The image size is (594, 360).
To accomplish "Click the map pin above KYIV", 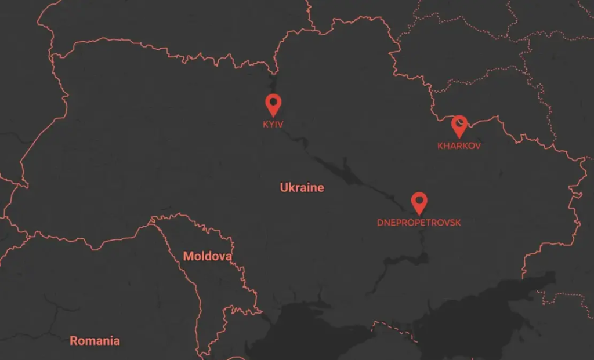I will click(x=273, y=104).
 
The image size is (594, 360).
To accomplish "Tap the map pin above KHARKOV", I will click(x=459, y=125).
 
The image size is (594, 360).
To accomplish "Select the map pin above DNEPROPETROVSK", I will click(x=419, y=202).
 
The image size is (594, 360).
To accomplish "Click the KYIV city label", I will click(x=273, y=124).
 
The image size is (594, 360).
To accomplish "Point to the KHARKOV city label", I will click(x=459, y=146).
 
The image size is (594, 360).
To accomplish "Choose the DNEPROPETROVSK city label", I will click(x=419, y=223).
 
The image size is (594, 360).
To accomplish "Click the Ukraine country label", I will click(x=302, y=188).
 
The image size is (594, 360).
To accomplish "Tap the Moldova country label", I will click(x=207, y=256).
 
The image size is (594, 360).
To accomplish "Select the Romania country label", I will click(x=95, y=341).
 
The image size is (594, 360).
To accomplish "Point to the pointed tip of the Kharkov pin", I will click(x=459, y=137).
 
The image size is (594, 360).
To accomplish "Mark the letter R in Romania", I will click(x=74, y=341).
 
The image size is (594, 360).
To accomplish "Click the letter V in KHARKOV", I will click(x=477, y=146).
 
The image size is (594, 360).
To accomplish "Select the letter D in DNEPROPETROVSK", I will click(x=380, y=223).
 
